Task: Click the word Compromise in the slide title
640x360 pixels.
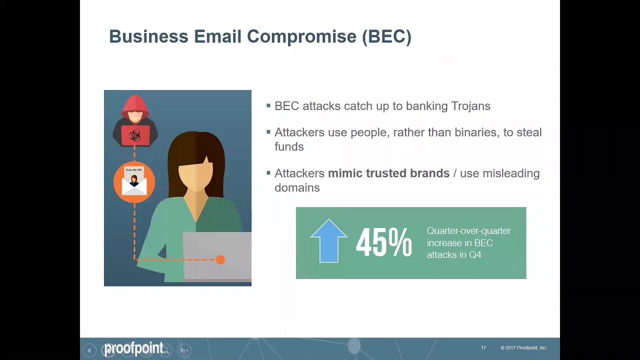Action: click(x=302, y=37)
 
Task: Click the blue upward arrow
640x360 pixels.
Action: click(x=328, y=240)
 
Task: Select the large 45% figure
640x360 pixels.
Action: click(x=383, y=243)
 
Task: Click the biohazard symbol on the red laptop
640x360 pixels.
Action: click(x=135, y=135)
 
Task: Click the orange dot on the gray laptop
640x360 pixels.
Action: click(x=220, y=259)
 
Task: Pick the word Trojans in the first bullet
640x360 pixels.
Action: click(x=470, y=106)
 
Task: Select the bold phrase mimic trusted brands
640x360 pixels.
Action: click(x=388, y=173)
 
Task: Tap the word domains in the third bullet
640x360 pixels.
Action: click(x=297, y=187)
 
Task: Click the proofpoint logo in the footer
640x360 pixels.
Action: click(x=133, y=348)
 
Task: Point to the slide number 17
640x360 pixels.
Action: click(x=483, y=348)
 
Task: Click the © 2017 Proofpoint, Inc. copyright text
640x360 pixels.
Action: click(x=523, y=348)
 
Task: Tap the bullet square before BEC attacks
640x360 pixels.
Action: click(x=269, y=105)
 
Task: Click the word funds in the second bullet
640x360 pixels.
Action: click(x=289, y=146)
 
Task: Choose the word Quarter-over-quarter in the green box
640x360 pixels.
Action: click(x=468, y=231)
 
